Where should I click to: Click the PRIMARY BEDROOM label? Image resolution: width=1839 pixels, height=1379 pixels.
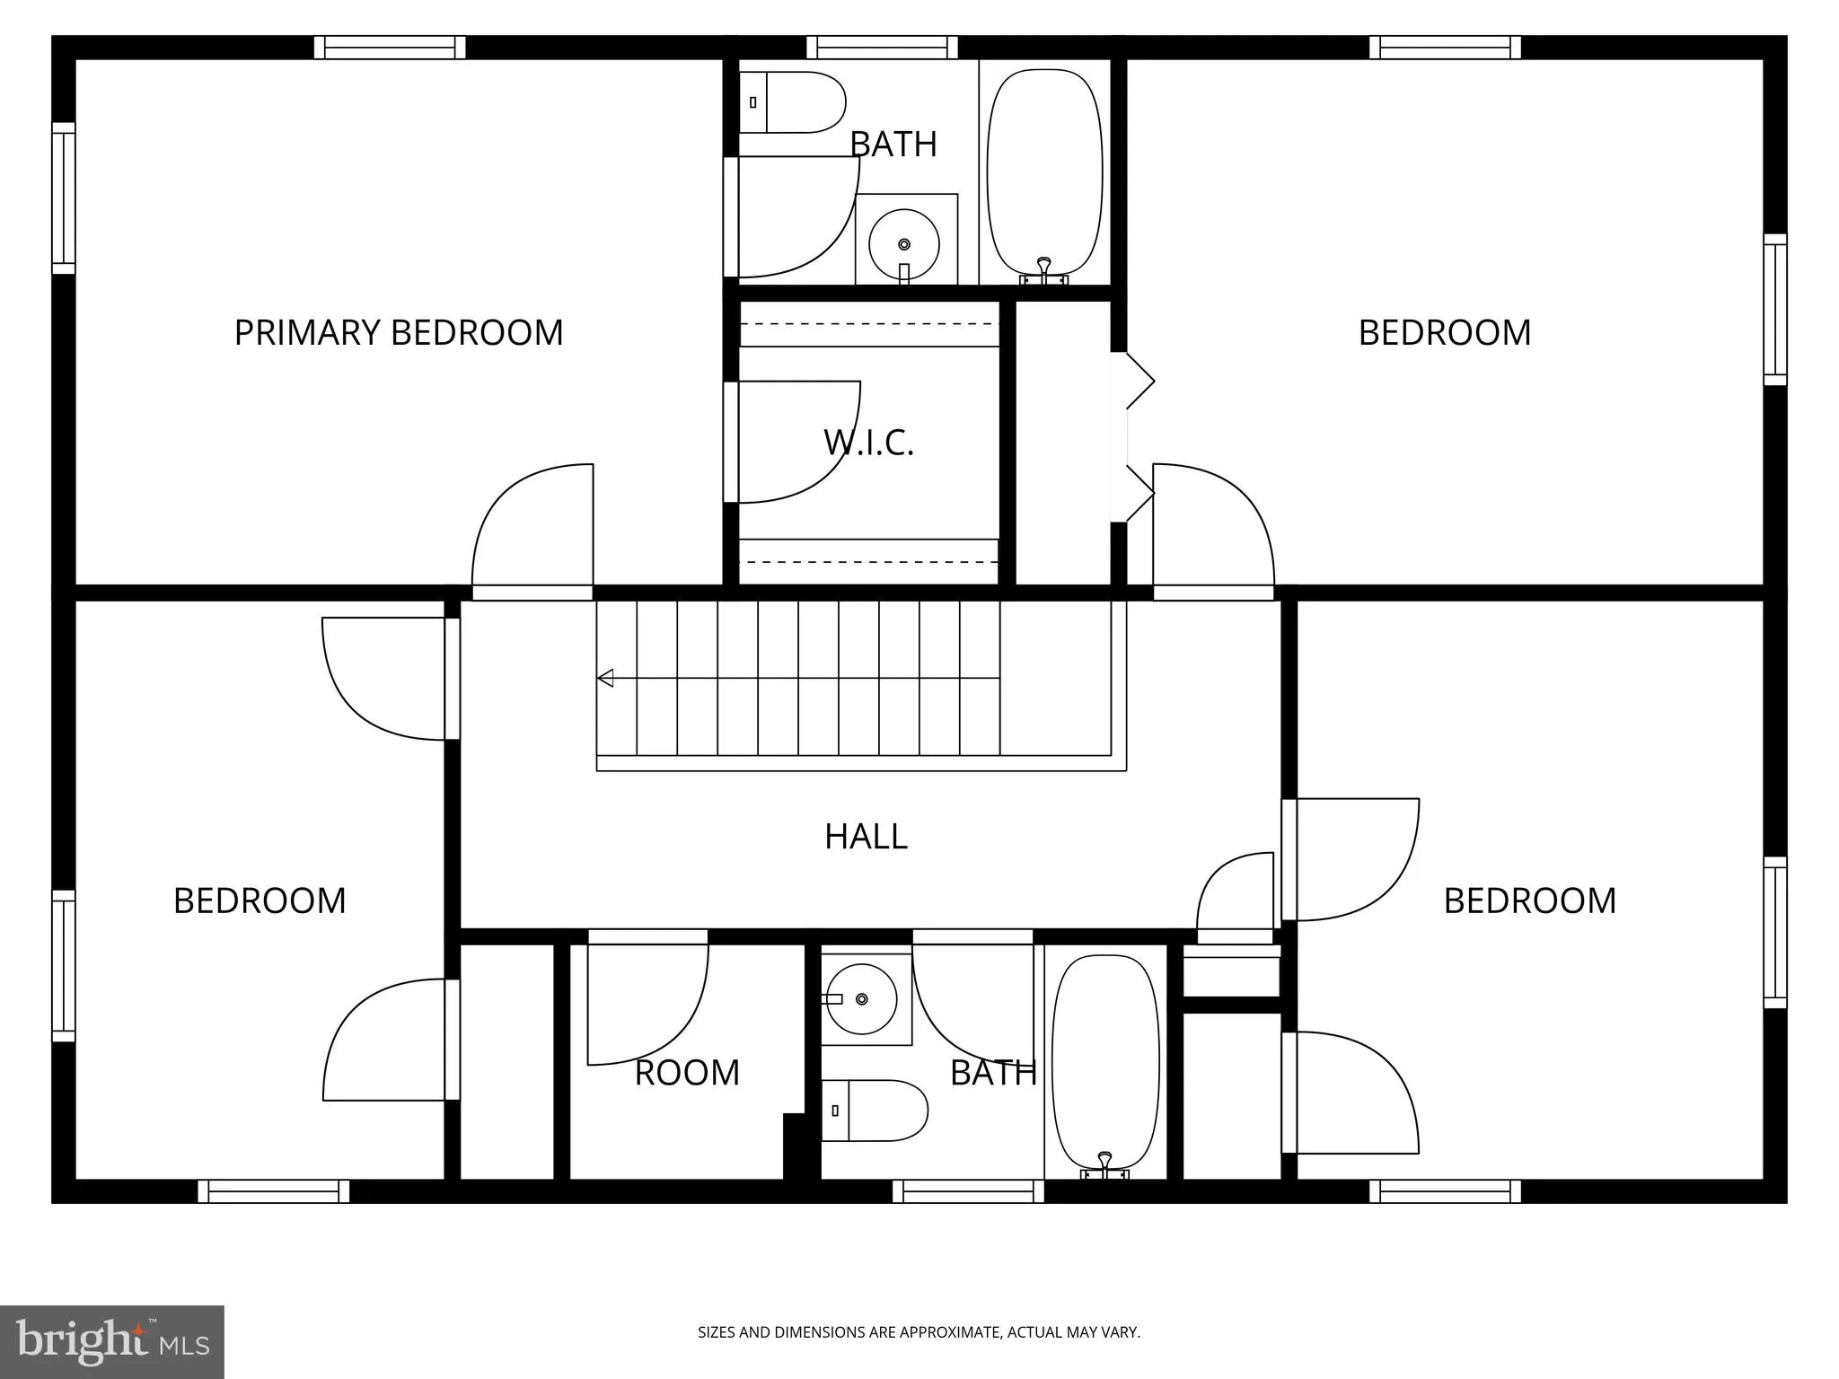399,332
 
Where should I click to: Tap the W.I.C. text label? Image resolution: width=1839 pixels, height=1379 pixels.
868,443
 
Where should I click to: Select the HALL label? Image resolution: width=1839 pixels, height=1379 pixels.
866,837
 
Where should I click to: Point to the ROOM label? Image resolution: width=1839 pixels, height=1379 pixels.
687,1072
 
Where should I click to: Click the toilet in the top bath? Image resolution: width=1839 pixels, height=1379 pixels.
792,102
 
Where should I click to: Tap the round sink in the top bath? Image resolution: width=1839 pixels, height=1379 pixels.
904,243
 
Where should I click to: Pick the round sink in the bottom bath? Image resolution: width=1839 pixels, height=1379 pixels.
861,999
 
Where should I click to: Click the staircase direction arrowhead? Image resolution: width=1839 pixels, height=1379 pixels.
606,678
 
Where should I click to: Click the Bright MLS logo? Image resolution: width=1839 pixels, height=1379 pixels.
112,1342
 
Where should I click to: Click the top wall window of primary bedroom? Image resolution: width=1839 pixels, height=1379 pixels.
390,48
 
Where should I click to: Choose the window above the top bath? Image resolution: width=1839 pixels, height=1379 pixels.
882,48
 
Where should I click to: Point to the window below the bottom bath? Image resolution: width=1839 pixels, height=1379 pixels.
968,1191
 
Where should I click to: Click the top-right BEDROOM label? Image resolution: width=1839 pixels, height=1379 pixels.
1444,332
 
